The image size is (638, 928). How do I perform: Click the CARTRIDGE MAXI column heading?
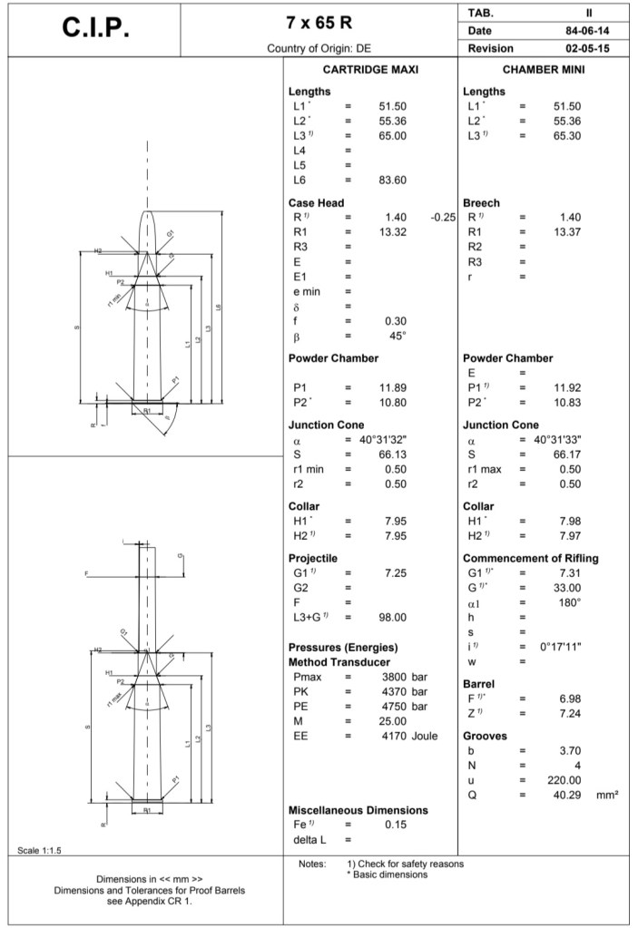pyautogui.click(x=370, y=69)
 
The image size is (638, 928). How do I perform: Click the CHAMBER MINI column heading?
pyautogui.click(x=543, y=69)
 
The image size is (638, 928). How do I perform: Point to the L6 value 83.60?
pyautogui.click(x=392, y=180)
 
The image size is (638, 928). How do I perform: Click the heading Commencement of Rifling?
pyautogui.click(x=530, y=558)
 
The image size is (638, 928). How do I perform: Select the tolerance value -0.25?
pyautogui.click(x=442, y=218)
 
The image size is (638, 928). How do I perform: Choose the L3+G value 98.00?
pyautogui.click(x=392, y=617)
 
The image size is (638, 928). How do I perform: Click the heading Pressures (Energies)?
pyautogui.click(x=343, y=648)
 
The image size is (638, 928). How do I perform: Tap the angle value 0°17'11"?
pyautogui.click(x=560, y=646)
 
